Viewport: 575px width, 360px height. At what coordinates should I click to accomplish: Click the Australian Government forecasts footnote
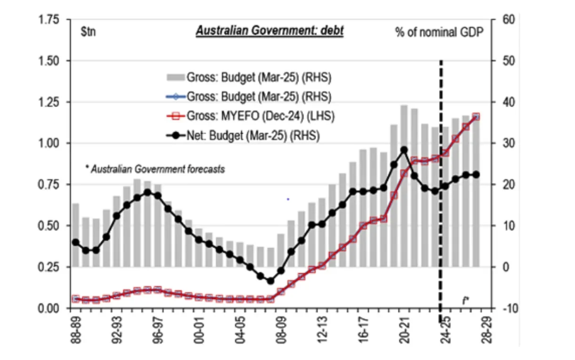pos(156,169)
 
